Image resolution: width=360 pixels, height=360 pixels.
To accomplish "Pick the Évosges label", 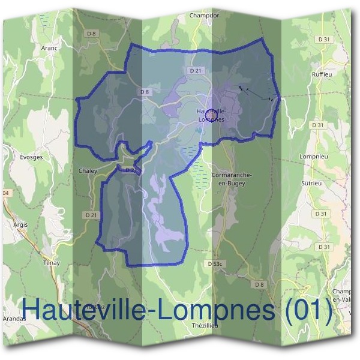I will [31, 157].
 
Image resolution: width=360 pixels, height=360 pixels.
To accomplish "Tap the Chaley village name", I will [88, 170].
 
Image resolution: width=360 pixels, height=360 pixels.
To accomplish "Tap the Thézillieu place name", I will [205, 325].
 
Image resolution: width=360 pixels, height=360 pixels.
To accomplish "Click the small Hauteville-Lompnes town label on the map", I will [211, 115].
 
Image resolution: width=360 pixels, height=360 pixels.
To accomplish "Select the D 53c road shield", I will [215, 263].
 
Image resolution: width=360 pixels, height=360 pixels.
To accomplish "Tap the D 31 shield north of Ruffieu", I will [324, 39].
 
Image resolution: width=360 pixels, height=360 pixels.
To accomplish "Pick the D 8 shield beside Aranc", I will [91, 34].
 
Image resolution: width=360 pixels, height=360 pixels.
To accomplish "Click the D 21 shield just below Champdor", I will [195, 70].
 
